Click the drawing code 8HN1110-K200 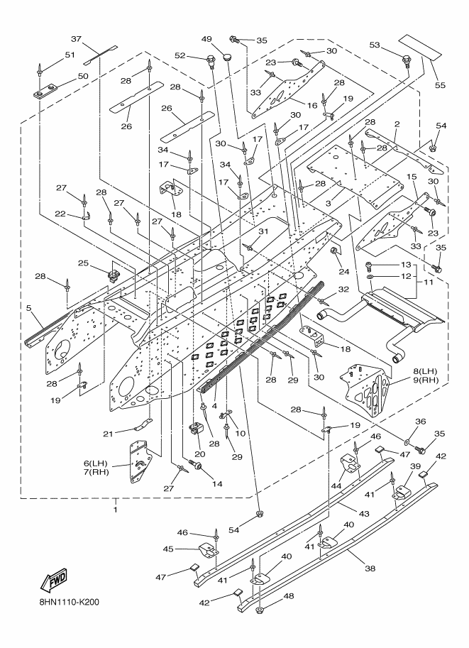coord(67,601)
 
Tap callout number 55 coord(440,84)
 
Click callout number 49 coord(206,39)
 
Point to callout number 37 coord(77,39)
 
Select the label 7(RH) coord(97,472)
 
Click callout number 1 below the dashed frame coord(116,510)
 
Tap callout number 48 coord(289,596)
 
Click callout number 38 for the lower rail coord(370,569)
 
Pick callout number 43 coord(363,514)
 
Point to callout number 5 coord(28,308)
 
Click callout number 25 coord(83,263)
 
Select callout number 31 coord(263,231)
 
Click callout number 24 coord(344,272)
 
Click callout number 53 coord(375,45)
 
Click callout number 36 coord(420,422)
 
